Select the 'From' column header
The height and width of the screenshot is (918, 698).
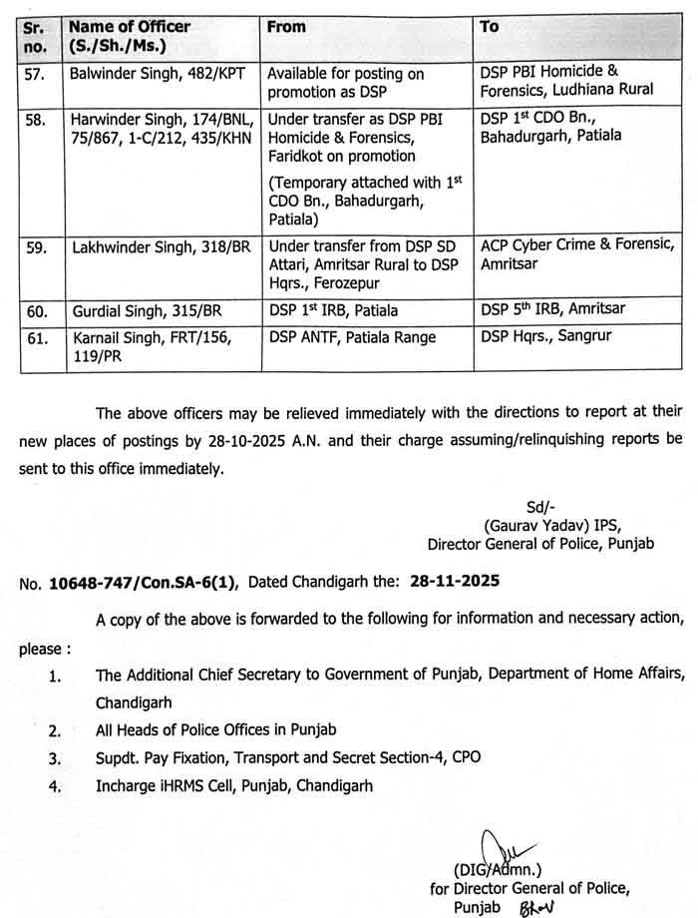point(286,27)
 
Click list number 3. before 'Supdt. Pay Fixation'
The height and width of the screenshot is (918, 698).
point(56,757)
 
